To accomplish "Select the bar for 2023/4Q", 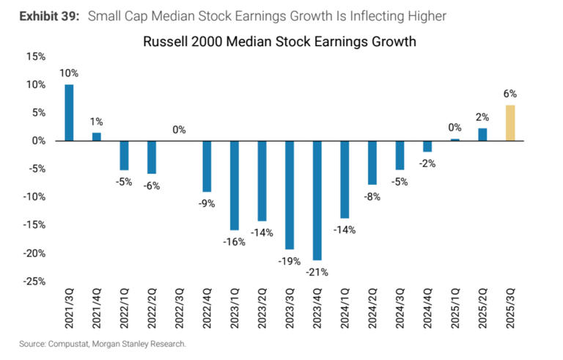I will (x=317, y=200).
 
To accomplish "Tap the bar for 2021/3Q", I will (x=69, y=112).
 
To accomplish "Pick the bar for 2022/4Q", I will (x=207, y=166).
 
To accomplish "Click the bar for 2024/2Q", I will (x=372, y=162).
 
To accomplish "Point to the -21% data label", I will (x=317, y=272).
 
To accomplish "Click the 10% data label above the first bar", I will (x=70, y=73).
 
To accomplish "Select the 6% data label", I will (x=510, y=94).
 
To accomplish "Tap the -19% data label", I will (x=290, y=261).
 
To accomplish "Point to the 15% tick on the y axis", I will (x=34, y=56).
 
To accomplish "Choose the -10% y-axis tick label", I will (x=33, y=196).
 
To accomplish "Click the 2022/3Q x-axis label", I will (x=180, y=312).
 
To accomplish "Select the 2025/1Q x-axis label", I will (x=456, y=312).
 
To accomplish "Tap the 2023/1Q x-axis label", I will (x=235, y=312).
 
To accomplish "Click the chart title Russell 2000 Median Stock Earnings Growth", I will (x=281, y=41).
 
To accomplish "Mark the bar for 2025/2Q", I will (x=482, y=134).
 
